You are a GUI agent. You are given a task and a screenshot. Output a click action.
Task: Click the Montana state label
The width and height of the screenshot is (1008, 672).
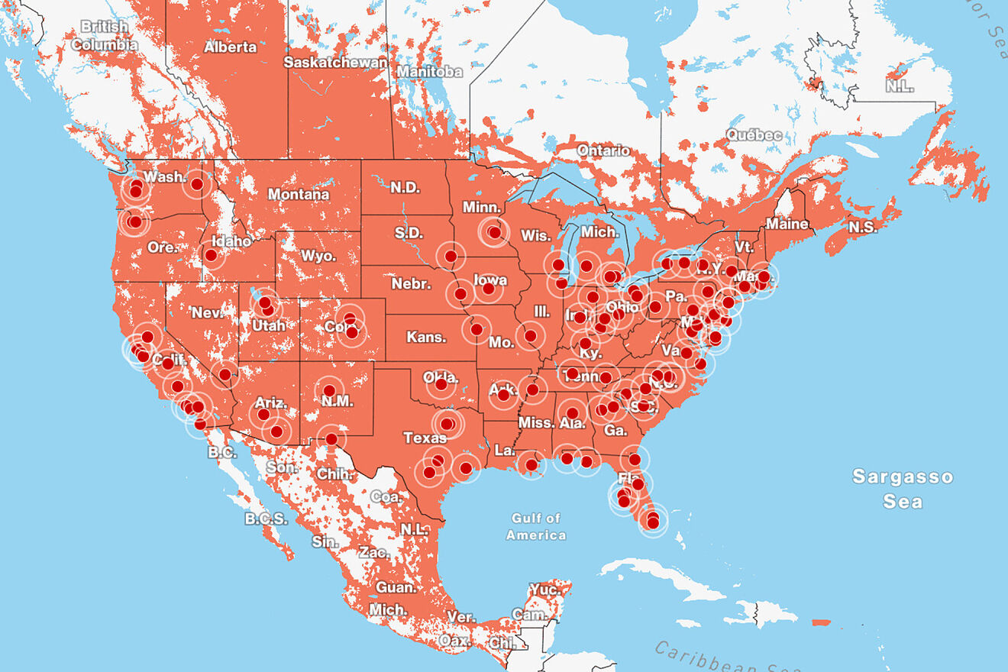pos(298,195)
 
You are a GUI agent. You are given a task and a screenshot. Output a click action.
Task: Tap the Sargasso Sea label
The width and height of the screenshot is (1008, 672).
pos(903,489)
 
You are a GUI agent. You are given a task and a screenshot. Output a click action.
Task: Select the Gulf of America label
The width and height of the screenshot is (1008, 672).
pos(536,527)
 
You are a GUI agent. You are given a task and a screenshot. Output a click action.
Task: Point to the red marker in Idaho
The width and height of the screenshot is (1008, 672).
pos(211,255)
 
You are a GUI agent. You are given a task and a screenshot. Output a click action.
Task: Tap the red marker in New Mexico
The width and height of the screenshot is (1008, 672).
pos(329,391)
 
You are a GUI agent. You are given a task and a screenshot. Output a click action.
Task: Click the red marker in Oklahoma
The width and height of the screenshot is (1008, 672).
pos(441,385)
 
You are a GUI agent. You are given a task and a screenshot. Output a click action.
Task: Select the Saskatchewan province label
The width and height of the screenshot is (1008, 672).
pos(336,62)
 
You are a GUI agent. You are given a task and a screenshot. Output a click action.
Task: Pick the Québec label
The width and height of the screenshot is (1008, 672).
pos(754,135)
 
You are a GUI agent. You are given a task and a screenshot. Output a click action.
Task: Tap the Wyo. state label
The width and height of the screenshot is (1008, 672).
pos(318,256)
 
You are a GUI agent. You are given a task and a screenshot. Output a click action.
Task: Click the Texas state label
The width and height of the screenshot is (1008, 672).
pos(425,438)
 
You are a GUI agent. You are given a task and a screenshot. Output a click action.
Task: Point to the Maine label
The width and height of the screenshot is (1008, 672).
pos(787,224)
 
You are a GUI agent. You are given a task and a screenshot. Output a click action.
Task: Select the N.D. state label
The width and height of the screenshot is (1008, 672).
pos(405,187)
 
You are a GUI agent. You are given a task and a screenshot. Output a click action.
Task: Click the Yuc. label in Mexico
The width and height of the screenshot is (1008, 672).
pos(544,590)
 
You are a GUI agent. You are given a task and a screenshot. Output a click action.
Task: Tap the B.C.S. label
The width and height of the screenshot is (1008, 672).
pos(266,519)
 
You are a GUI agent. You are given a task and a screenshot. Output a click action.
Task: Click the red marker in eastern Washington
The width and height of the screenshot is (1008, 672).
pos(197,184)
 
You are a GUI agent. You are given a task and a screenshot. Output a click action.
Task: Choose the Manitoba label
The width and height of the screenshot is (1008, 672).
pos(429,71)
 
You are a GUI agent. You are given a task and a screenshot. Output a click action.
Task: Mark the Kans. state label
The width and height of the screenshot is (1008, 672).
pos(421,337)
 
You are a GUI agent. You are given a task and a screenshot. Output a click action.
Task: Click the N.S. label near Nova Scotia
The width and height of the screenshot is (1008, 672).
pos(863,227)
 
